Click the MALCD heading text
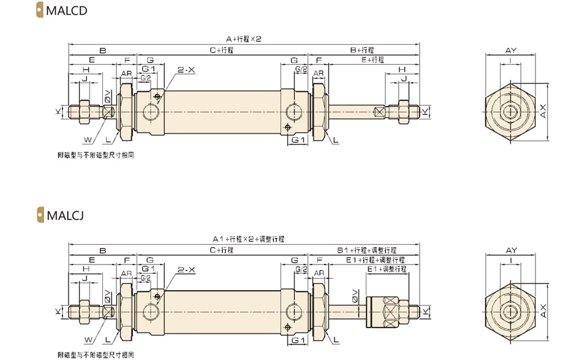coord(67,10)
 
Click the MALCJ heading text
coord(66,215)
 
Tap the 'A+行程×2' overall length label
coord(244,39)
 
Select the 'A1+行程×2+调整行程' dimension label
coord(248,239)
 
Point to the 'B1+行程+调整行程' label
coord(367,250)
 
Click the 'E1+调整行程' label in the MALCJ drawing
coord(387,269)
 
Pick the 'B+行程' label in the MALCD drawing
coord(362,50)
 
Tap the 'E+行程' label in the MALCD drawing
coord(373,59)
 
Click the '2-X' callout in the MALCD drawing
coord(186,70)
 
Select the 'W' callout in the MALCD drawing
coord(88,140)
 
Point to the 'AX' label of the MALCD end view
coord(543,111)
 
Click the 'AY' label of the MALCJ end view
coord(511,250)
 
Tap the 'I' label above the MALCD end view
coord(511,60)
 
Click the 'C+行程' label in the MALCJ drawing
coord(222,250)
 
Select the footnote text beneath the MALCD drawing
coord(96,155)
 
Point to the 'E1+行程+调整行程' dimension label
coord(376,260)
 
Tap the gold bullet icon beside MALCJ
coord(40,215)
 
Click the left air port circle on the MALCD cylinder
coord(152,111)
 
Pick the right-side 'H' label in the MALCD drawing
coord(402,69)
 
